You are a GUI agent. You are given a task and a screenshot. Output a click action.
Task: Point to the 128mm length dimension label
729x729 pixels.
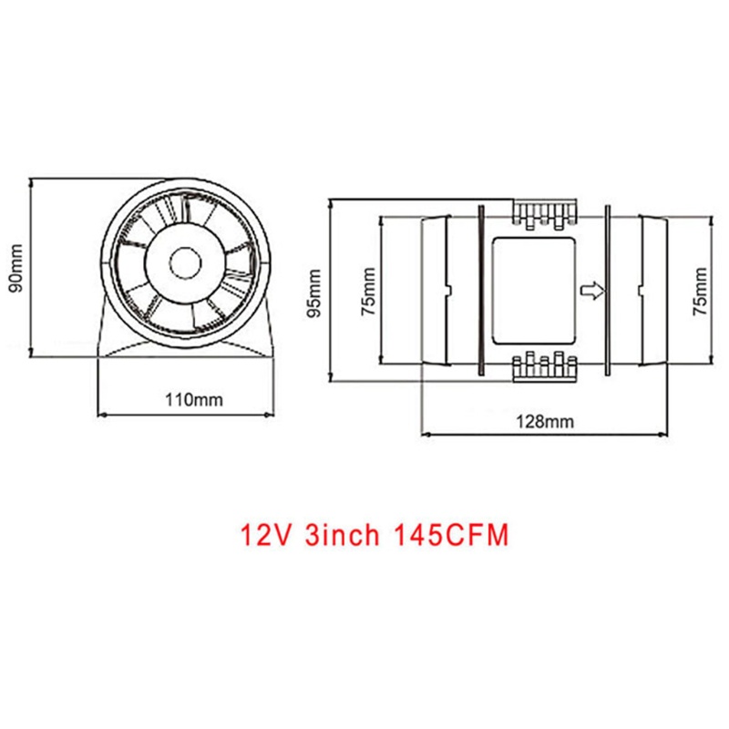point(544,421)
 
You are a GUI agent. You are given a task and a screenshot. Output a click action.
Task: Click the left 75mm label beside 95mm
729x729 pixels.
point(367,291)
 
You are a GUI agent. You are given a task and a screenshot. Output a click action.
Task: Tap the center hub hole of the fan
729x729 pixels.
point(186,262)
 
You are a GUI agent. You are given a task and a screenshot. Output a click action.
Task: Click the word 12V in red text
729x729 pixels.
point(265,532)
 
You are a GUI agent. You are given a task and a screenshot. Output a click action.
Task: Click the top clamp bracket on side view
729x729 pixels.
point(544,212)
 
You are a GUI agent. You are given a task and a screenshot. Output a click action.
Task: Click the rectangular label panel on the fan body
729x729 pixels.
point(534,290)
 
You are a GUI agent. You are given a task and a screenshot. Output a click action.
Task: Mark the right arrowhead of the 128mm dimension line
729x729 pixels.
point(669,437)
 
